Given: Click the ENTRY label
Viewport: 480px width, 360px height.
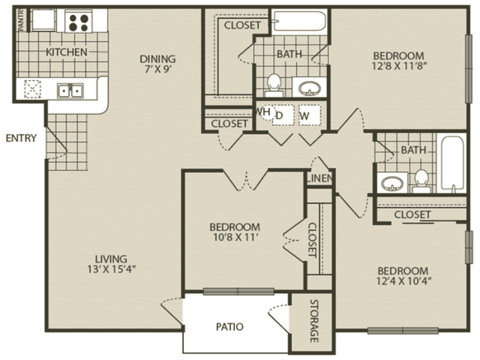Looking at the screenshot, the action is [21, 138].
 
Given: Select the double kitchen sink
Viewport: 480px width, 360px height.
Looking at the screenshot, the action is [70, 91].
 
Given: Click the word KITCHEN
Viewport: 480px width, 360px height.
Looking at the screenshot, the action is [67, 52].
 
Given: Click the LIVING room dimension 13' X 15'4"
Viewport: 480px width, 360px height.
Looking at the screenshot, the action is [111, 269].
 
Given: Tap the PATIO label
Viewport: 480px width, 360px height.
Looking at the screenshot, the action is [229, 327].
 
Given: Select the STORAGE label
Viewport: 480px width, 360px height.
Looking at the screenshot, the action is [314, 320].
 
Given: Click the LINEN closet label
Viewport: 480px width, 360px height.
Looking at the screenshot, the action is [319, 178].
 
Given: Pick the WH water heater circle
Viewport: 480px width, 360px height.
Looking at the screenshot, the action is [264, 112].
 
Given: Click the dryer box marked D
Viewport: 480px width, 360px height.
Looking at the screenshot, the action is [283, 115].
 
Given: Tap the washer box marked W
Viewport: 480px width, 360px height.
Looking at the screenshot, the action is [310, 115].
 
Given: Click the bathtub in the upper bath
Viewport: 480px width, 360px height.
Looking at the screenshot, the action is [300, 21].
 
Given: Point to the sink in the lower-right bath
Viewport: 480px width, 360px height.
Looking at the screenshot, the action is [392, 183].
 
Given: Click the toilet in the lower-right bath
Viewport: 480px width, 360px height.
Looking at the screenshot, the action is [421, 181].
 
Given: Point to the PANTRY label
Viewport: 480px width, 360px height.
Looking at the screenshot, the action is [21, 20].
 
